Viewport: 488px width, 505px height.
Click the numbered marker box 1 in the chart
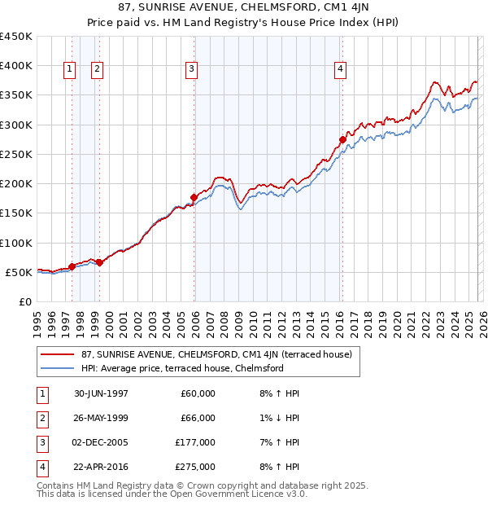click(69, 70)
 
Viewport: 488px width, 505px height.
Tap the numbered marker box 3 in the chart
click(191, 70)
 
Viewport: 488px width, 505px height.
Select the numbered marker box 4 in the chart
click(339, 70)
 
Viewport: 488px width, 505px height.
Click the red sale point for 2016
click(342, 139)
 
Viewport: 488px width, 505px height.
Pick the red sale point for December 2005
click(194, 197)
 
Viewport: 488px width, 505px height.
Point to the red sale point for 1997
click(72, 266)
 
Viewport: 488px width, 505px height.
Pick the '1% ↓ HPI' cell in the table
click(279, 418)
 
